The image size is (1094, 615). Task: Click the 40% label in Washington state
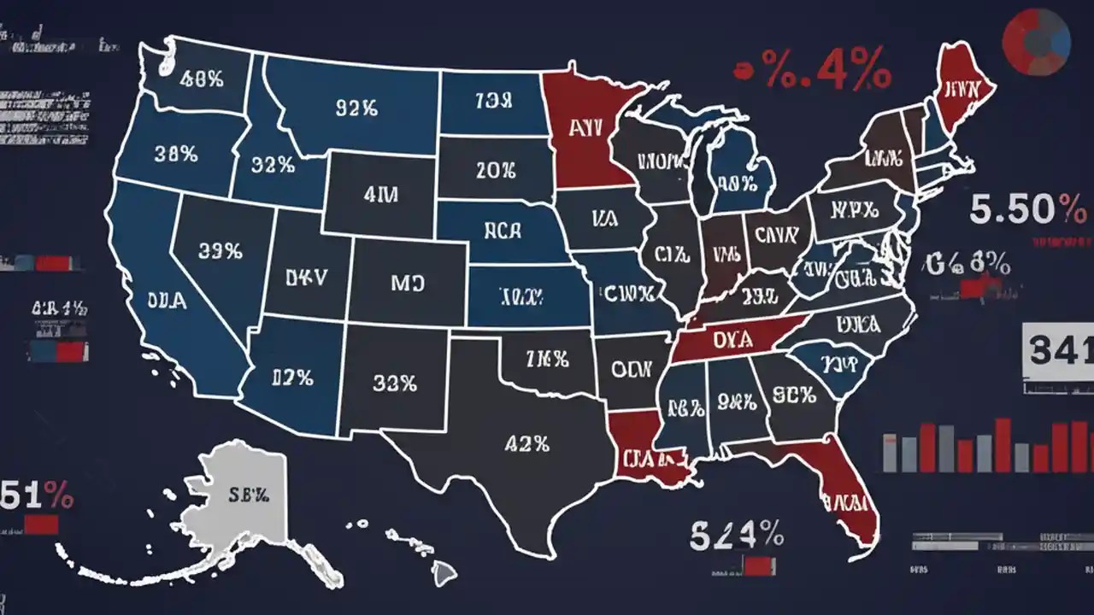(202, 79)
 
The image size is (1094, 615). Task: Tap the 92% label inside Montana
(356, 108)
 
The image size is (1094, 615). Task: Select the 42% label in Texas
(526, 443)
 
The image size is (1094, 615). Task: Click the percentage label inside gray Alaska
(249, 494)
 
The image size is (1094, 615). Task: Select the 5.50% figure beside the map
(1024, 209)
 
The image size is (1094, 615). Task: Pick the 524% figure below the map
(736, 535)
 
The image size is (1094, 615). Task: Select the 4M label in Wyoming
(380, 195)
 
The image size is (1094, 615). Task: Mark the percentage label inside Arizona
(291, 377)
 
